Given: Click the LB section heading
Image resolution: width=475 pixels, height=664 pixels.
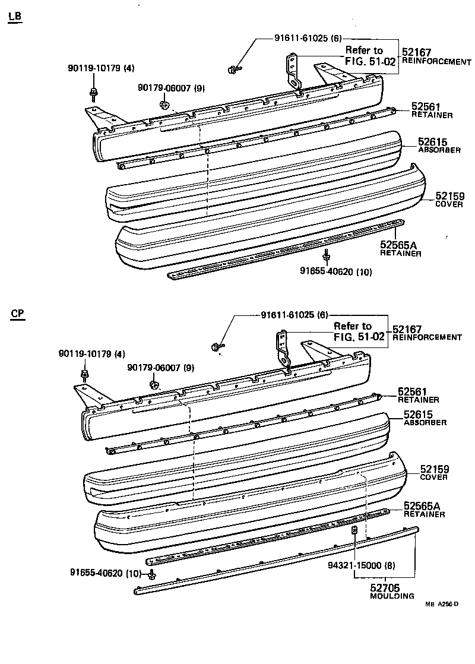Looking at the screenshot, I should tap(15, 17).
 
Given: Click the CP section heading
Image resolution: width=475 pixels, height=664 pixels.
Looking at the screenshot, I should tap(17, 314).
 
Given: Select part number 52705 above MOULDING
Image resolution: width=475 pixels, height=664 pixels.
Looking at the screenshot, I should tap(383, 588).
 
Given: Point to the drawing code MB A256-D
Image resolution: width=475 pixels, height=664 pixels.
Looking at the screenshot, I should tap(442, 605).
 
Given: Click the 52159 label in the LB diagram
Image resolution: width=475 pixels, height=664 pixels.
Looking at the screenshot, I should tap(449, 196).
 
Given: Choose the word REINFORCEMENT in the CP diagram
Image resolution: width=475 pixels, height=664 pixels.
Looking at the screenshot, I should tap(427, 337).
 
